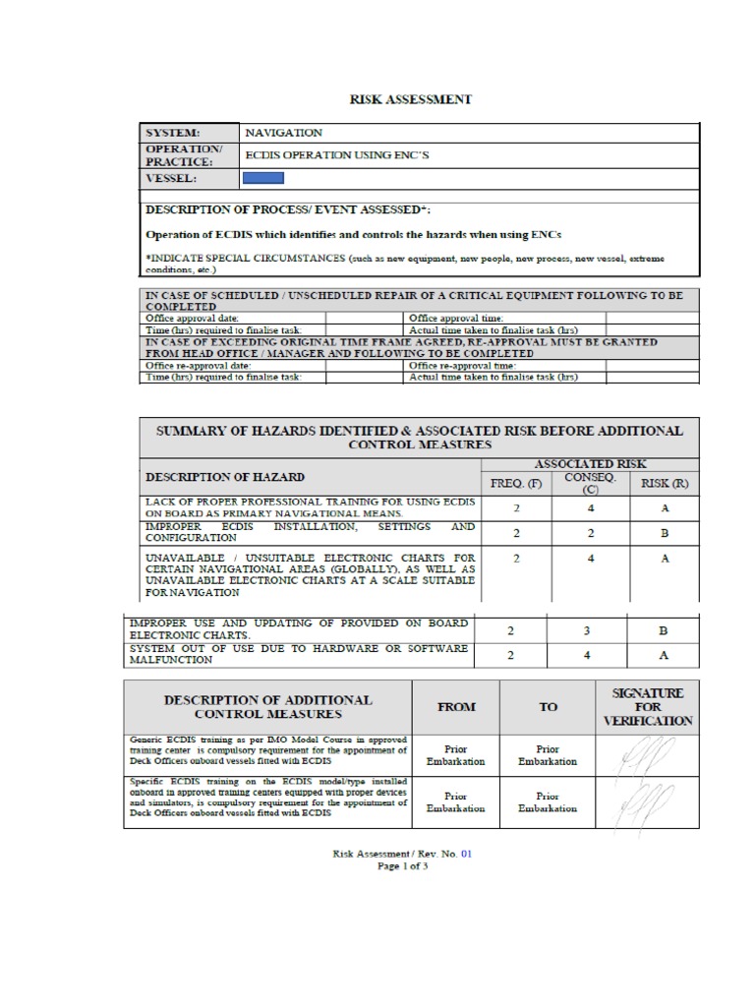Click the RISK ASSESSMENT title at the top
pos(412,99)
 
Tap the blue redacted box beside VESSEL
pos(263,178)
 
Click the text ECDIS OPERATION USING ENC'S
pos(337,155)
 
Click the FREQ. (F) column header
pos(516,483)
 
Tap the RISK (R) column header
pos(665,483)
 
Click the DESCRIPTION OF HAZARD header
pos(225,477)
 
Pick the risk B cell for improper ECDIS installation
pos(665,533)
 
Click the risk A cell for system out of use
pos(663,657)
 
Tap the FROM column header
pos(455,706)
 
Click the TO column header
pos(548,706)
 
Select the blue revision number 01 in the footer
pos(467,854)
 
